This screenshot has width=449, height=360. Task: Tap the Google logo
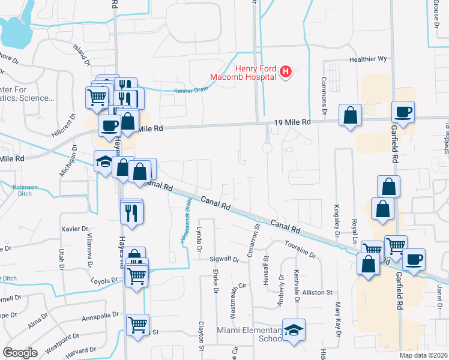pyautogui.click(x=20, y=353)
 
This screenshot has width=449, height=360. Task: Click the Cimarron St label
pyautogui.click(x=256, y=236)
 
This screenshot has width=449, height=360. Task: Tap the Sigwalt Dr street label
pyautogui.click(x=224, y=260)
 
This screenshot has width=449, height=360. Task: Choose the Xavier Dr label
pyautogui.click(x=75, y=229)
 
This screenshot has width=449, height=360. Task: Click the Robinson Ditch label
pyautogui.click(x=25, y=191)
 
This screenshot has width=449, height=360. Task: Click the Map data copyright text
pyautogui.click(x=423, y=355)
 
